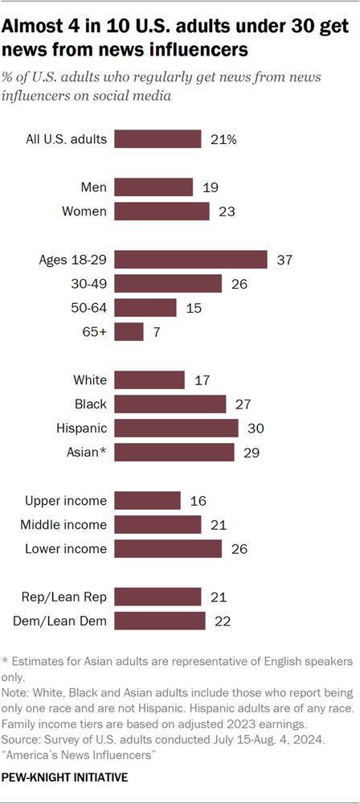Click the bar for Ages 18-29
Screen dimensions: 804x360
tap(190, 259)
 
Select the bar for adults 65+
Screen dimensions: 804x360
tap(129, 331)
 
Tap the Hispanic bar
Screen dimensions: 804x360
tap(176, 428)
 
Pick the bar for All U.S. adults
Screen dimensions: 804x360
tap(157, 139)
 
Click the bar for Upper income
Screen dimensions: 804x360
tap(147, 501)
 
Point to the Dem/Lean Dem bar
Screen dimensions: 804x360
tap(160, 621)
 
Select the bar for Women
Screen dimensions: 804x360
tap(162, 211)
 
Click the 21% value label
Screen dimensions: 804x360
tap(223, 139)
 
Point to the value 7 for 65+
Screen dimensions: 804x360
tap(156, 331)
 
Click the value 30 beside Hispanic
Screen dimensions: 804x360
tap(254, 428)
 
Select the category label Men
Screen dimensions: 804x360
tap(94, 187)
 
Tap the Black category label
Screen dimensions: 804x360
tap(90, 404)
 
